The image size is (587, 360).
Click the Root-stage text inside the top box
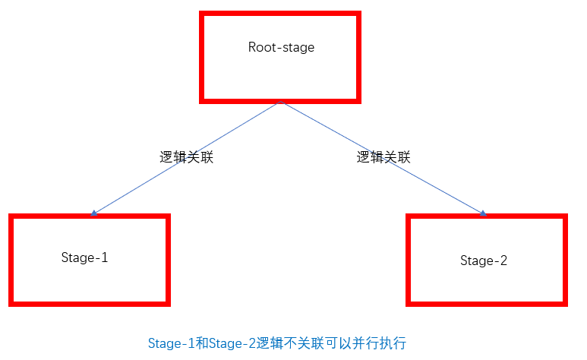[281, 47]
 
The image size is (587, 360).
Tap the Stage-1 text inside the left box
[84, 257]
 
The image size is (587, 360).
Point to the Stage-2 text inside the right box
[483, 261]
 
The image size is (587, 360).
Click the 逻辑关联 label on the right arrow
[383, 157]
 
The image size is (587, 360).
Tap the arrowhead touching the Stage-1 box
[93, 213]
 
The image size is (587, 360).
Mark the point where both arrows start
[282, 101]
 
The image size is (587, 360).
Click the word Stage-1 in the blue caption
[172, 343]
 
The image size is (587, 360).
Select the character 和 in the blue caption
[200, 343]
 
